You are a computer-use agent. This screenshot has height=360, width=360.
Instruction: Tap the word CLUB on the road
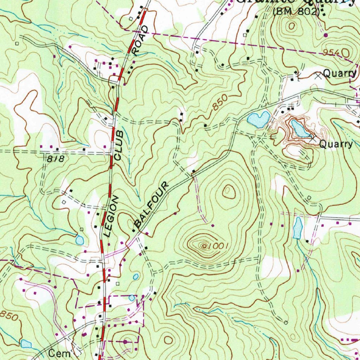(119, 145)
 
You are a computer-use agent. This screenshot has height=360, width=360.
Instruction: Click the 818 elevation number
(56, 159)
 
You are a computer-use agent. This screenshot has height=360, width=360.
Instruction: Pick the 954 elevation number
(332, 52)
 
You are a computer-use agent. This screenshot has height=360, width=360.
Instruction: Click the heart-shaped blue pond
(258, 120)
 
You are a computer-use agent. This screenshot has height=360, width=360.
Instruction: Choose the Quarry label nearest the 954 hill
(340, 74)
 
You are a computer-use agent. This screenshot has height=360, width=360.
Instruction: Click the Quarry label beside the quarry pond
(336, 144)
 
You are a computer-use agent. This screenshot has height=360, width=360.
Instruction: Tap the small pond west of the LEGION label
(79, 240)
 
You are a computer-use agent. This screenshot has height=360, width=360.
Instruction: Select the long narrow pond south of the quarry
(298, 227)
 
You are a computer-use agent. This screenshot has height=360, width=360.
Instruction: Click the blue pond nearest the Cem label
(26, 343)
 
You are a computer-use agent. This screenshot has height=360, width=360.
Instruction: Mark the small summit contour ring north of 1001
(228, 192)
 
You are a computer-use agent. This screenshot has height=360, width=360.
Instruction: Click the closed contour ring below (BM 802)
(291, 26)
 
